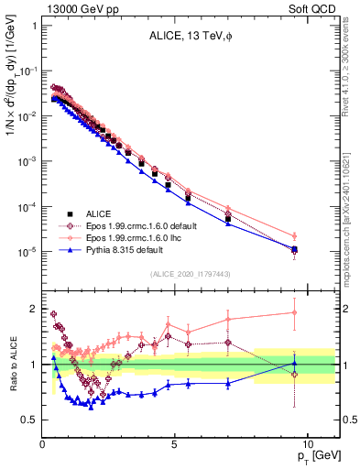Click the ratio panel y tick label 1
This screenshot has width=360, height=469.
tap(32, 365)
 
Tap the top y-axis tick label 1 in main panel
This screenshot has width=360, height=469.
tap(33, 26)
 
